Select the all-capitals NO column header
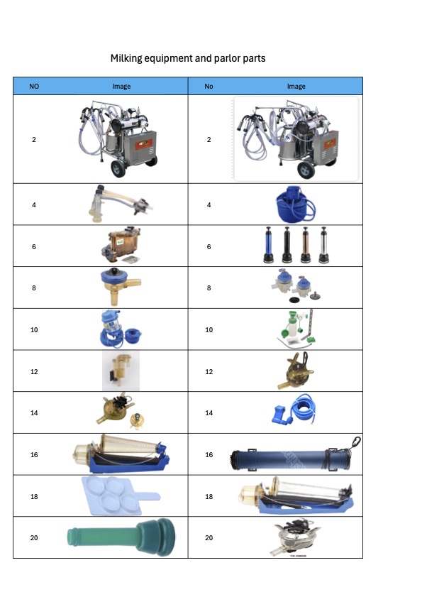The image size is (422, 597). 34,87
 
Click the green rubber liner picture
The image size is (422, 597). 121,537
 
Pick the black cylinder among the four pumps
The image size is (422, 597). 287,245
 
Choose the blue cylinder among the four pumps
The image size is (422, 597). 269,245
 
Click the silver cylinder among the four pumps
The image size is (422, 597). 324,245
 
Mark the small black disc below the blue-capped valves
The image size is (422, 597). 294,300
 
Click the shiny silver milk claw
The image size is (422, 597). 295,537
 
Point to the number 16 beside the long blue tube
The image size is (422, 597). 209,454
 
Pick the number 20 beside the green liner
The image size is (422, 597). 34,537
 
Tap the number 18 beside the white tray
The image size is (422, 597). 34,496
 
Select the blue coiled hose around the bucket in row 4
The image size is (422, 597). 296,206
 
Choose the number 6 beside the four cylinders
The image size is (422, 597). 209,247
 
